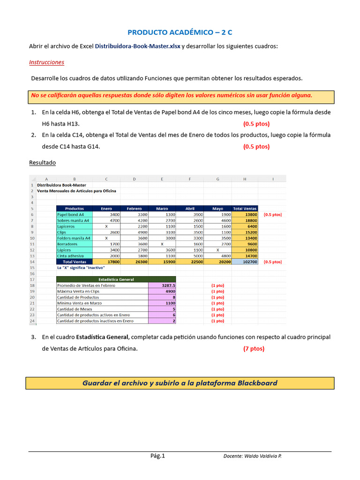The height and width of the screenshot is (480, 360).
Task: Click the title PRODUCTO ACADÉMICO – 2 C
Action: (x=180, y=32)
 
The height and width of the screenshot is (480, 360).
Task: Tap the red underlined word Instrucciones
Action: (x=46, y=62)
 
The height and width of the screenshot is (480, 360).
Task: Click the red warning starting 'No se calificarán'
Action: (x=172, y=96)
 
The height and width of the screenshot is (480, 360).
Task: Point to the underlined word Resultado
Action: (x=42, y=163)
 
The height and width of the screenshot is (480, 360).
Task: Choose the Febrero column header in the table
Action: (x=134, y=209)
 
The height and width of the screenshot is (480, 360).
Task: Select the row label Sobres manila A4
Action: (x=74, y=220)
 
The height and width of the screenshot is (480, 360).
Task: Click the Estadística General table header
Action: (x=116, y=279)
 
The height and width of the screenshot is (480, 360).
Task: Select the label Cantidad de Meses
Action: (x=75, y=309)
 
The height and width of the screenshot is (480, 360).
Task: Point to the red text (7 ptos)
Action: (x=254, y=349)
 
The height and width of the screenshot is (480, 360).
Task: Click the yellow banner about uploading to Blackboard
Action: (x=180, y=383)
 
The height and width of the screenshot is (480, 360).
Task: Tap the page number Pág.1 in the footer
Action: (x=157, y=456)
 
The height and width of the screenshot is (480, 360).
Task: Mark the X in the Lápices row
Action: (x=217, y=250)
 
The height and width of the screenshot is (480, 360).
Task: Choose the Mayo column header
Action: (x=217, y=209)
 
